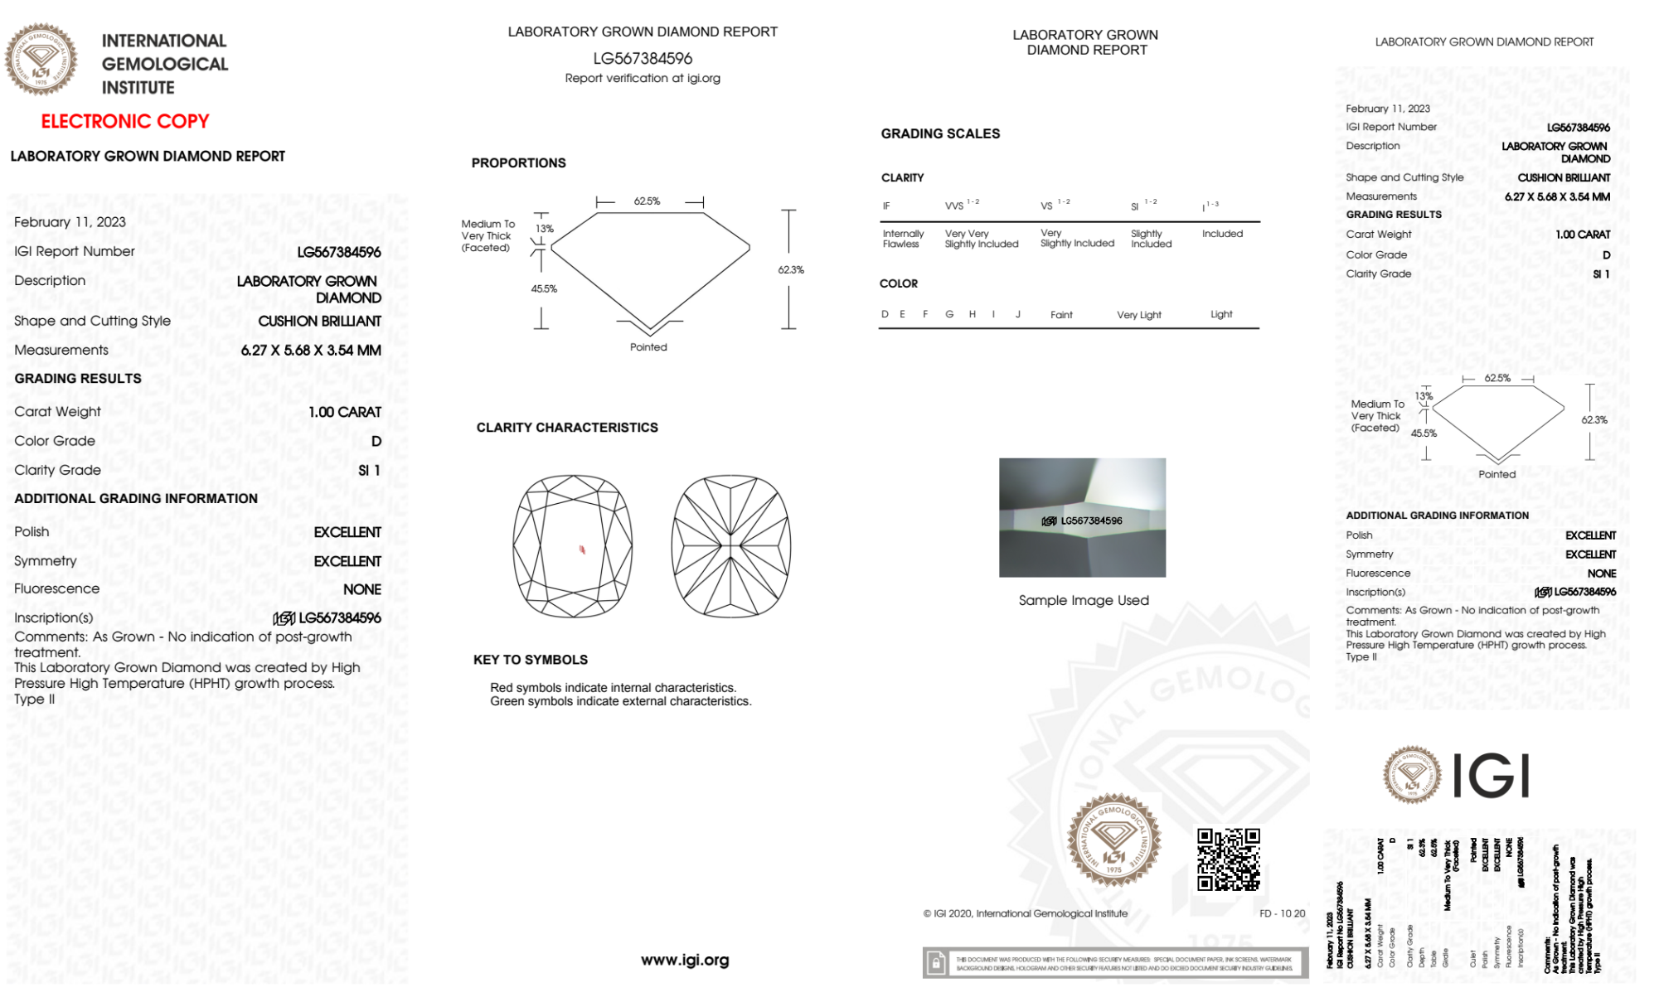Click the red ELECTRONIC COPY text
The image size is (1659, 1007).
(x=125, y=122)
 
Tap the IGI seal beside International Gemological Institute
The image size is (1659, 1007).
(x=41, y=60)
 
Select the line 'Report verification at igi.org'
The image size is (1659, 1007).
(x=643, y=79)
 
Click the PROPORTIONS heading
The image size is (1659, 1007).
(x=518, y=163)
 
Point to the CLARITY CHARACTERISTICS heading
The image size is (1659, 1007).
(x=567, y=428)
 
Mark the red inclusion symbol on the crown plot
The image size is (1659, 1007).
(x=582, y=549)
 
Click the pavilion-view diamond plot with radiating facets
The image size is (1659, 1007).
(x=730, y=545)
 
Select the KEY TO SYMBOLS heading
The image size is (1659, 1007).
(x=531, y=660)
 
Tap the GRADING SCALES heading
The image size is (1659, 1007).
(x=940, y=134)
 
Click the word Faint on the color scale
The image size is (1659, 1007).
(x=1061, y=315)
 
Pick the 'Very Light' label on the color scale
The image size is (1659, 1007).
(x=1138, y=315)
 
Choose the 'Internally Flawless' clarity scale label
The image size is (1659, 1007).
(x=903, y=239)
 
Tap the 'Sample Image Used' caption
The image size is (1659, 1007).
(x=1084, y=601)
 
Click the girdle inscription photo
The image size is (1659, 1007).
(x=1082, y=517)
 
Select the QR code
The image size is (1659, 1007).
(x=1229, y=859)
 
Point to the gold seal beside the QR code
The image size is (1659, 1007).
(x=1113, y=840)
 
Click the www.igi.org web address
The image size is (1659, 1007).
(x=685, y=961)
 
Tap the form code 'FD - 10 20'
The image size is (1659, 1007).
(x=1282, y=914)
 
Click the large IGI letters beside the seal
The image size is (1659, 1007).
(x=1492, y=777)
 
